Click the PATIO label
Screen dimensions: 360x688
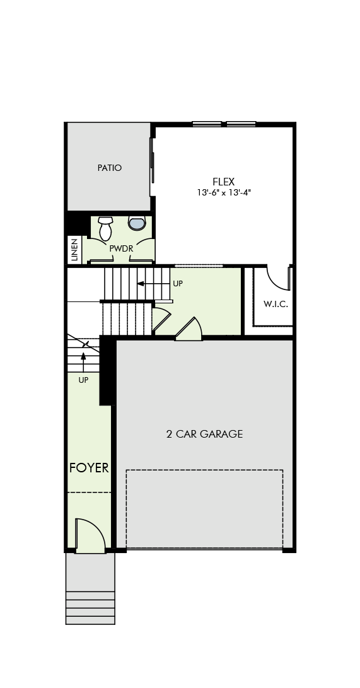[110, 168]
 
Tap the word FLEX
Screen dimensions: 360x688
[224, 182]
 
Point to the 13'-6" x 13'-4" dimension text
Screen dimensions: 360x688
[224, 192]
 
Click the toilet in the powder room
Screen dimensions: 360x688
[105, 228]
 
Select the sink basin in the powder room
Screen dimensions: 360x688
[137, 223]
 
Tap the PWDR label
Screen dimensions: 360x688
[121, 249]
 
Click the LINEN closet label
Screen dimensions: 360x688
[74, 250]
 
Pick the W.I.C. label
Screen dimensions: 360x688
[276, 304]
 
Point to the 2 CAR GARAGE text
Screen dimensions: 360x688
[204, 434]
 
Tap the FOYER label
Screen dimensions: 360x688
[89, 468]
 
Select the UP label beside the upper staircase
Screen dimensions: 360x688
[178, 284]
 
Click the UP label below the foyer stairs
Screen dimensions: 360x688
[83, 380]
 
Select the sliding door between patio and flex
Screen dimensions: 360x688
[152, 166]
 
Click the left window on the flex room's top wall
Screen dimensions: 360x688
[207, 124]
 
